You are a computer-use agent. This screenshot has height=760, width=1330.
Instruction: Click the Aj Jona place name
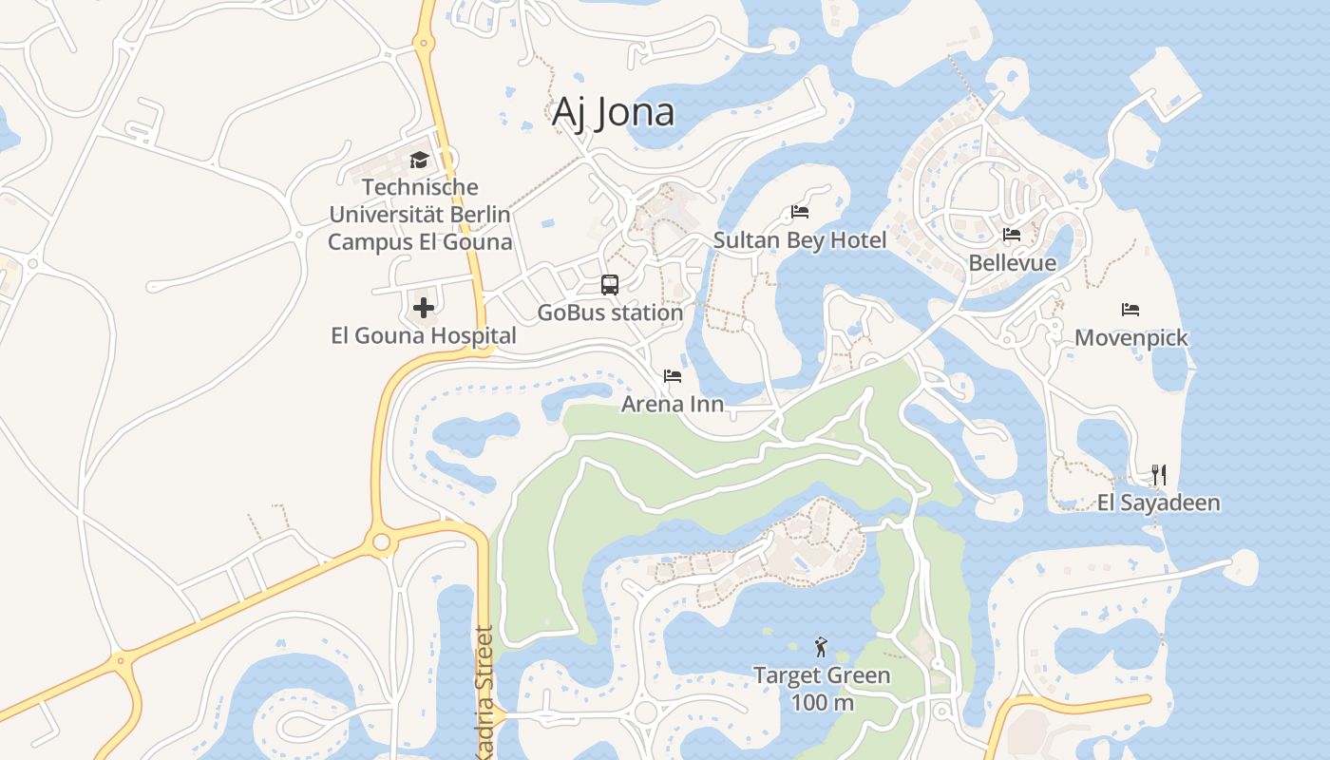click(x=613, y=112)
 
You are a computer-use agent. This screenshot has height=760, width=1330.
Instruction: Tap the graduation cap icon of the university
click(x=419, y=160)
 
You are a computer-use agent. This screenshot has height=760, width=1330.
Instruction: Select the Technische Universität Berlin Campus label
click(x=419, y=215)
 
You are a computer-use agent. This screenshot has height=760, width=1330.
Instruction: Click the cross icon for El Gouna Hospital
click(x=423, y=308)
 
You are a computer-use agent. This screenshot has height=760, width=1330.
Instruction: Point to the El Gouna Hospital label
click(x=423, y=335)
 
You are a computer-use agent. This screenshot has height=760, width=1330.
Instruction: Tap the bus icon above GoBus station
click(x=610, y=284)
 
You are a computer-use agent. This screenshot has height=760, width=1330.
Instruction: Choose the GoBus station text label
click(x=610, y=313)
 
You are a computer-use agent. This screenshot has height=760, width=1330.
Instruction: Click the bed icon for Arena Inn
click(x=673, y=376)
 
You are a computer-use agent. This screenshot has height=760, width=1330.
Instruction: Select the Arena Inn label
click(x=673, y=405)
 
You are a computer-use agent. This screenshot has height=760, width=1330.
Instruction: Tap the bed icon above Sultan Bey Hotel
click(x=800, y=212)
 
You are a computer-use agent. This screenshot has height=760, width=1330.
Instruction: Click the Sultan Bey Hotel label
click(x=800, y=240)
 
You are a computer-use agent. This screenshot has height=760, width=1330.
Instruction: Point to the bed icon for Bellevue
click(x=1012, y=235)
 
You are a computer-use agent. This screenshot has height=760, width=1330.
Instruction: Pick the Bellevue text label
click(x=1012, y=263)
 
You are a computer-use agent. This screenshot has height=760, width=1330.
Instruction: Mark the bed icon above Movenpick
click(x=1130, y=310)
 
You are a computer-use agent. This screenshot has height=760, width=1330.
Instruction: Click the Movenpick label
click(x=1130, y=338)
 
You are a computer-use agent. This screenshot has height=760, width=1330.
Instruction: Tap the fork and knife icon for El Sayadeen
click(x=1158, y=474)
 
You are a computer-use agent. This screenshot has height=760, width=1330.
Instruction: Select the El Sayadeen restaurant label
click(x=1158, y=503)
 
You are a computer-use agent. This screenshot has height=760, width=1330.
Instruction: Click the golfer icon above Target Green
click(x=822, y=648)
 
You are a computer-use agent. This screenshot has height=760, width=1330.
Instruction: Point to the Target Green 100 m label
click(x=822, y=689)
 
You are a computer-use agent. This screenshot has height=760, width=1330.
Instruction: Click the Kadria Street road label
click(x=484, y=692)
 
